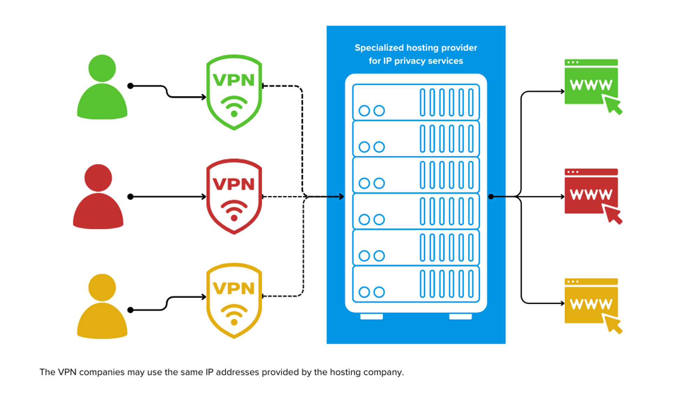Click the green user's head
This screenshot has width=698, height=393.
pyautogui.click(x=102, y=68)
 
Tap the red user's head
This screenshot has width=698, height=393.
pyautogui.click(x=98, y=178)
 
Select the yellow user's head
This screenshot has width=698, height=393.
pyautogui.click(x=102, y=288)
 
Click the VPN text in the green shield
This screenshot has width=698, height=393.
pyautogui.click(x=233, y=80)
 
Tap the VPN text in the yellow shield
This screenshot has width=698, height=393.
pyautogui.click(x=233, y=289)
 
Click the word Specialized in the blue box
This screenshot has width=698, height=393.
pyautogui.click(x=379, y=48)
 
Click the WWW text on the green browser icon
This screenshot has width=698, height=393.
pyautogui.click(x=591, y=85)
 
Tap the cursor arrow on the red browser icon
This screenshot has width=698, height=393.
pyautogui.click(x=614, y=215)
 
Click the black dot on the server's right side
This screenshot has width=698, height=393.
pyautogui.click(x=491, y=197)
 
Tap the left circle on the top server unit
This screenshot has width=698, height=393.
pyautogui.click(x=364, y=111)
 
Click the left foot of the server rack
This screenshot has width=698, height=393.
pyautogui.click(x=371, y=316)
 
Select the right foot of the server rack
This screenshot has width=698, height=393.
pyautogui.click(x=460, y=316)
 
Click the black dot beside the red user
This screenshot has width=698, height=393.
pyautogui.click(x=131, y=197)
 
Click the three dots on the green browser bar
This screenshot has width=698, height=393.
pyautogui.click(x=573, y=62)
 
